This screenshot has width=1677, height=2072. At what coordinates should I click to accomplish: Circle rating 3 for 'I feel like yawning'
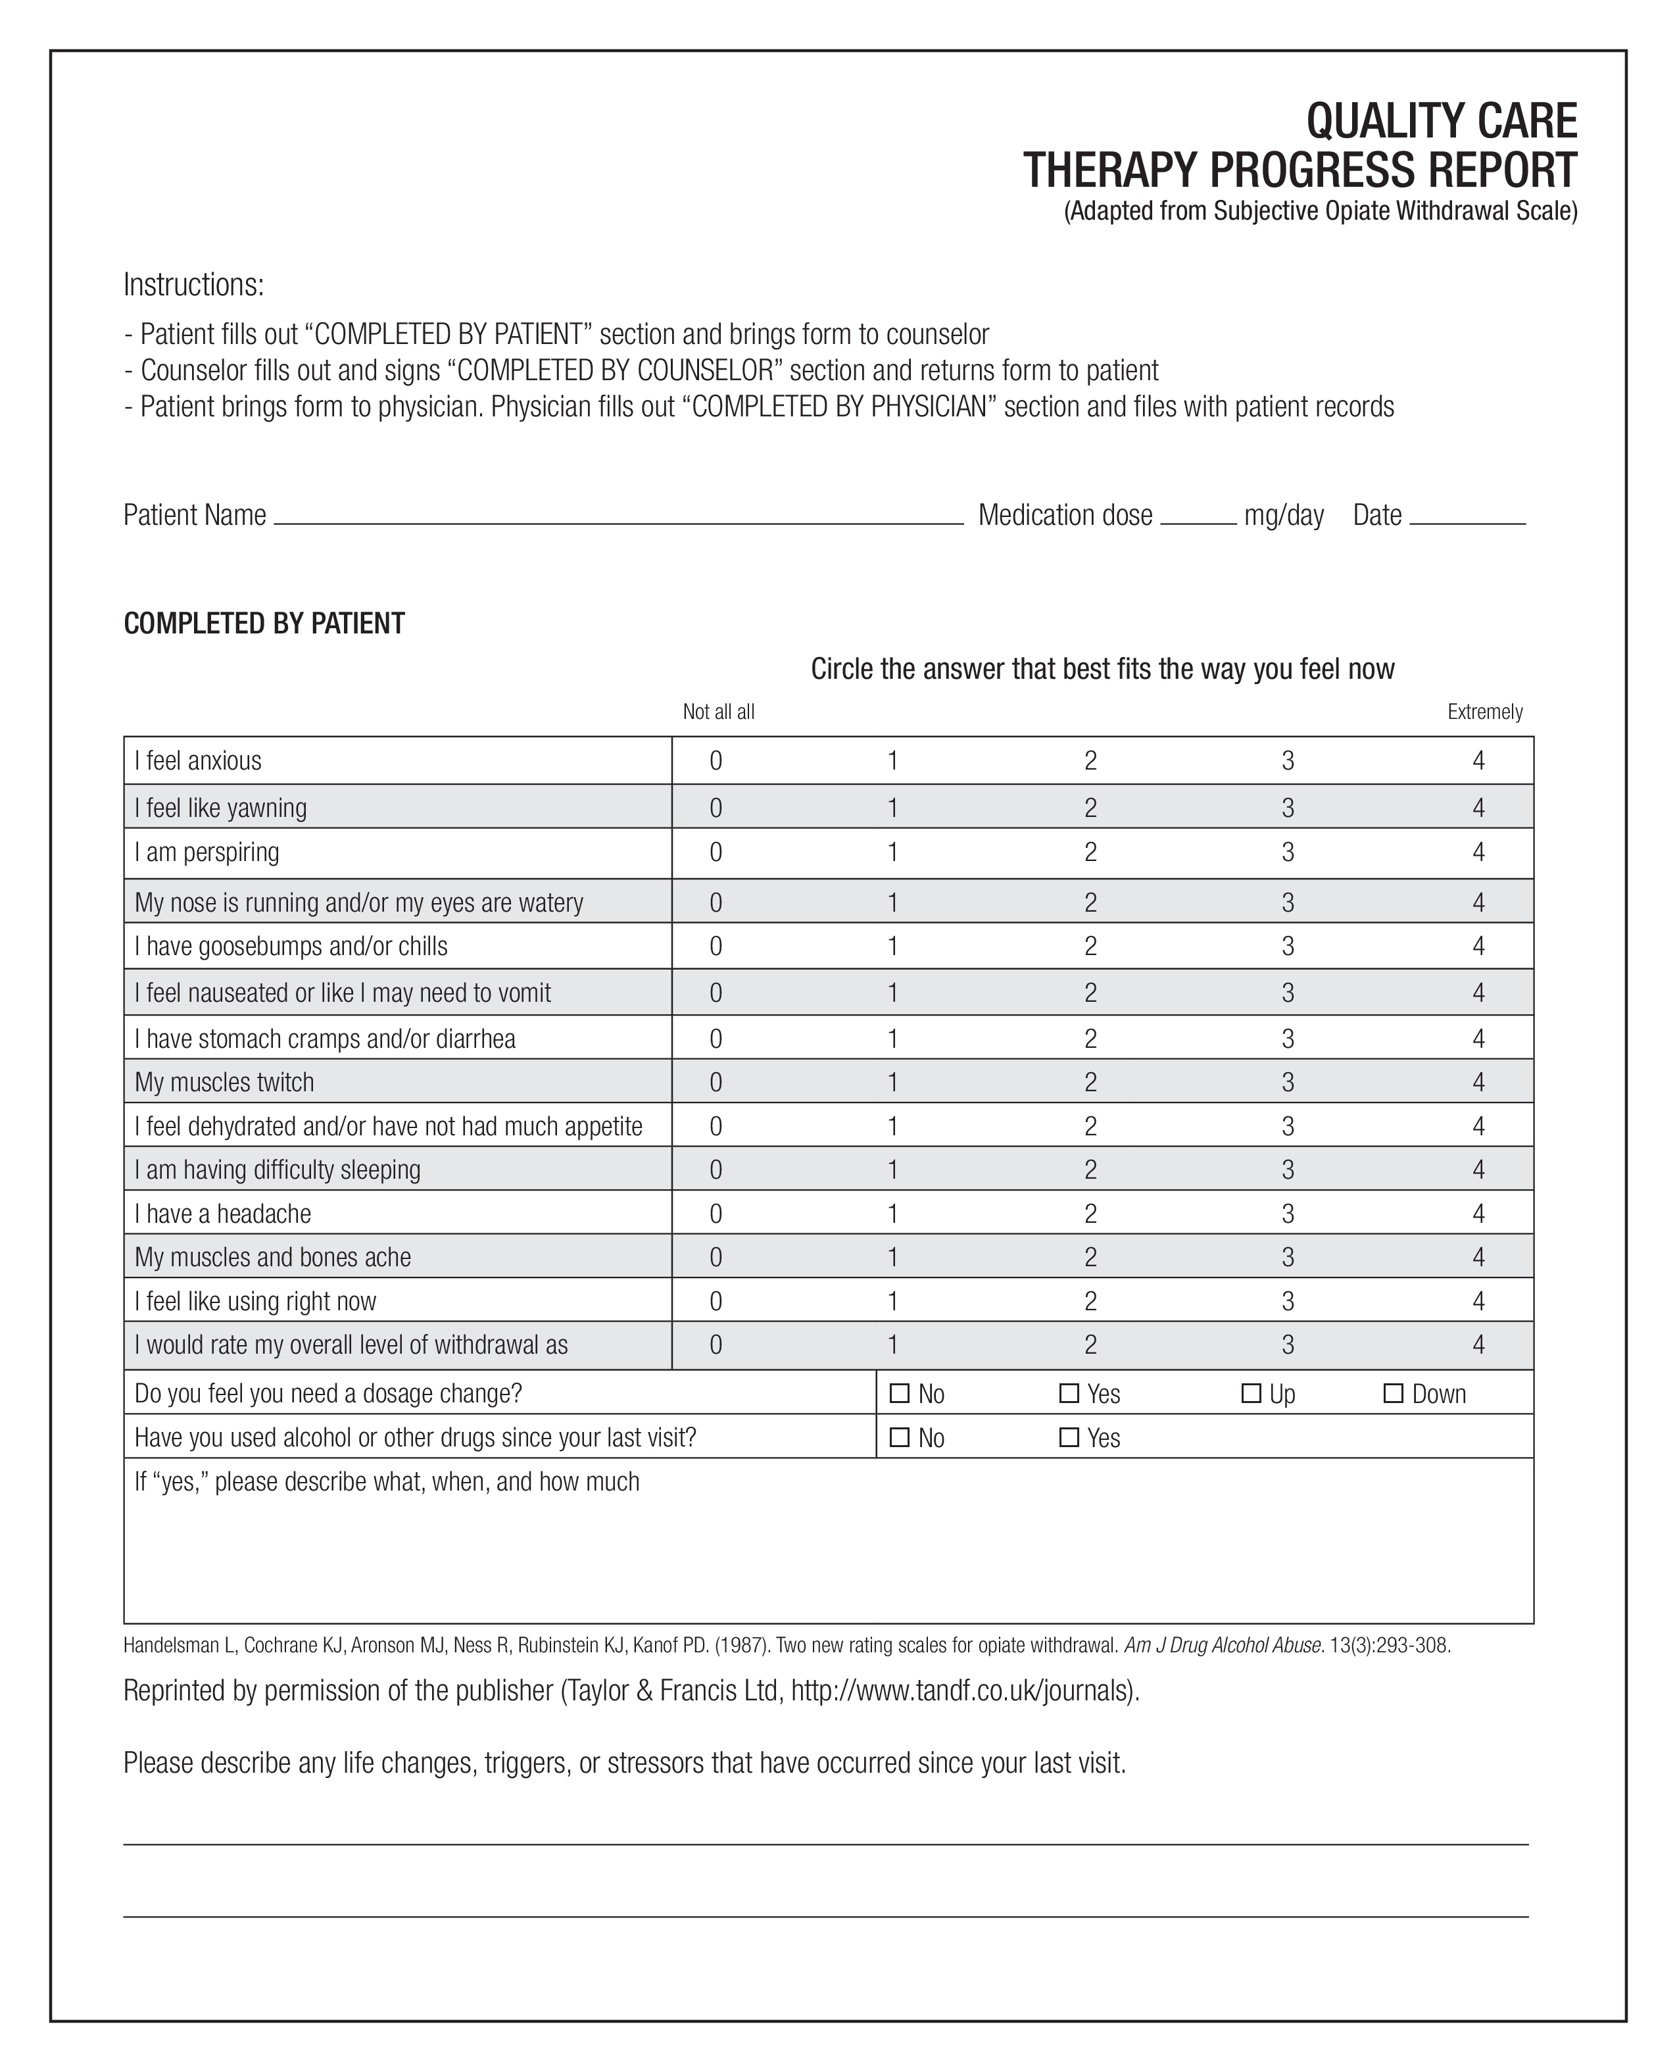(x=1288, y=808)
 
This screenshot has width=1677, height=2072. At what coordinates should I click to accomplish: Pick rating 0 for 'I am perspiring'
(x=716, y=852)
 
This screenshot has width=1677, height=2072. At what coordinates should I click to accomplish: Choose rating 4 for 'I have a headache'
(x=1478, y=1213)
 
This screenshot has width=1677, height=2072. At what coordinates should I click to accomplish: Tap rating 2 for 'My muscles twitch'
(x=1090, y=1082)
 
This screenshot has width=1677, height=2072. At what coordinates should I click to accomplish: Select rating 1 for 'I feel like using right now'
(x=892, y=1301)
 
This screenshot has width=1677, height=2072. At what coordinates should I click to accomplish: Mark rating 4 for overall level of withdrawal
(x=1478, y=1344)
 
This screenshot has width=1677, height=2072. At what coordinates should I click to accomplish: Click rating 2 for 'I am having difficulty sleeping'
(x=1090, y=1170)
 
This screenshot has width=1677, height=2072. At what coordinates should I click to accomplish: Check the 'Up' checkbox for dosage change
(x=1251, y=1393)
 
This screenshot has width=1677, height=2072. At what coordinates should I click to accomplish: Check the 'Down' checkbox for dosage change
(x=1393, y=1393)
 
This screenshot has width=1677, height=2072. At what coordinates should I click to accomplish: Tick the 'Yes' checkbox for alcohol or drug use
(x=1069, y=1437)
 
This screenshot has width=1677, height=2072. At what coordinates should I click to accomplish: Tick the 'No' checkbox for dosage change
(x=900, y=1393)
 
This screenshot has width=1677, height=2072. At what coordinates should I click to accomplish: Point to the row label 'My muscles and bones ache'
(x=272, y=1257)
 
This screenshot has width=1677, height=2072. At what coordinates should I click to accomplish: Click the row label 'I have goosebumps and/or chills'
(x=291, y=946)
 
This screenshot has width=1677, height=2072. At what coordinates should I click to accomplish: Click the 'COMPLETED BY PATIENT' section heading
(x=264, y=623)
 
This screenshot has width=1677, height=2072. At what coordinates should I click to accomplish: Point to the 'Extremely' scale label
(x=1485, y=712)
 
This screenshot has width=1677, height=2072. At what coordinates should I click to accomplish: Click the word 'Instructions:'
(x=194, y=285)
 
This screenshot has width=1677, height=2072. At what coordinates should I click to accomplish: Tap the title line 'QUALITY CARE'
(x=1442, y=121)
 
